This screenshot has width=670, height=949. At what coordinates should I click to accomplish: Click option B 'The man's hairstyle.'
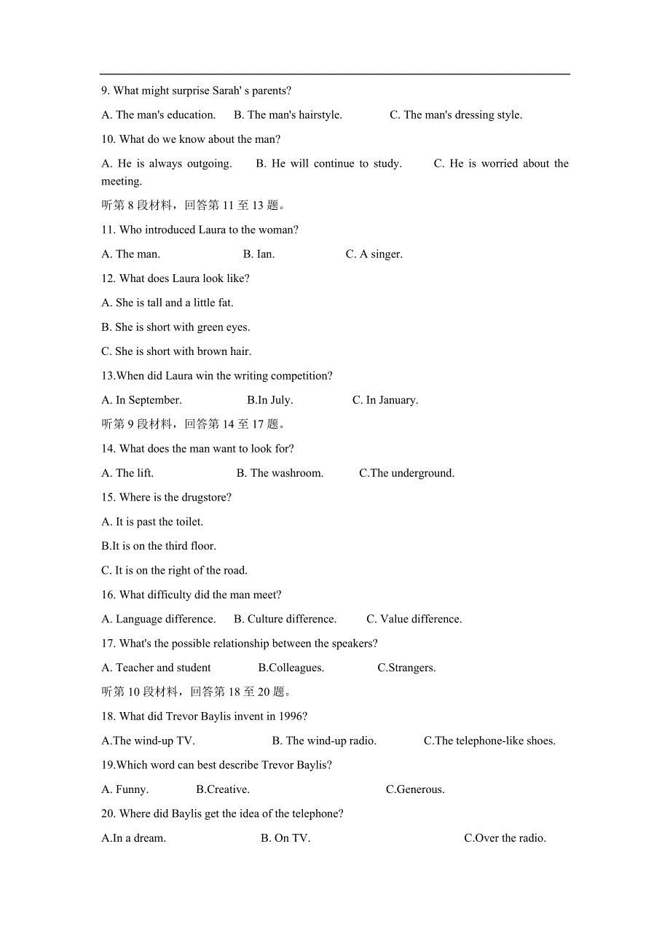point(288,115)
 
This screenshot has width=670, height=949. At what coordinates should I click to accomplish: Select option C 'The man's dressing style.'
point(455,115)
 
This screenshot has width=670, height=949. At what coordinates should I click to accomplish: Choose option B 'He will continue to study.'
point(328,164)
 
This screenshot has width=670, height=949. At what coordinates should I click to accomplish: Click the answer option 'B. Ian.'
point(259,254)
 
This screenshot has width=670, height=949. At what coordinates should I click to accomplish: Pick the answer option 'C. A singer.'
point(374,254)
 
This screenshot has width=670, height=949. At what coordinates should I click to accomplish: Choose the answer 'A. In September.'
point(141,400)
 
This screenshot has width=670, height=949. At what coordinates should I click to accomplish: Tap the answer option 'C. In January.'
point(385,400)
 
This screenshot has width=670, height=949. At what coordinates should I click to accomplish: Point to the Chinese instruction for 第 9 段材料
point(194,424)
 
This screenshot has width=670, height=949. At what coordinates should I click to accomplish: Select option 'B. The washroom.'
point(280,473)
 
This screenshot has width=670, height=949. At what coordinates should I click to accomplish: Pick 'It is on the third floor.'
point(159,546)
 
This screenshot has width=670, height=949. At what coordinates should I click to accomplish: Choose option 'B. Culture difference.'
point(285,620)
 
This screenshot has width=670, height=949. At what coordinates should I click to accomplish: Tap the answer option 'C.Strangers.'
point(406,668)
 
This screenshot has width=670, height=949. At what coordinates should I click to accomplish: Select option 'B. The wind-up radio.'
point(324,741)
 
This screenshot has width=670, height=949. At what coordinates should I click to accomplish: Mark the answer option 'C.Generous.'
point(415,789)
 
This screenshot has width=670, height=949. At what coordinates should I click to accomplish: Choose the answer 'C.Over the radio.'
point(505,838)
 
